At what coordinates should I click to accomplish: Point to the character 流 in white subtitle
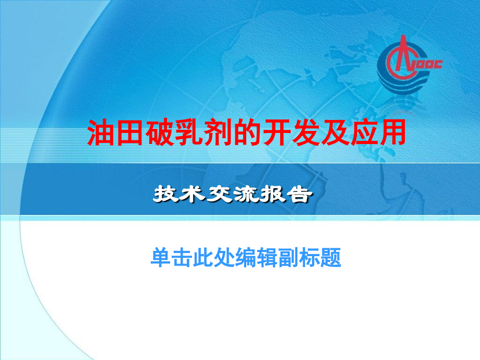(x=246, y=195)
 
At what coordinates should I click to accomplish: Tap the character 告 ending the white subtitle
(x=300, y=195)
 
